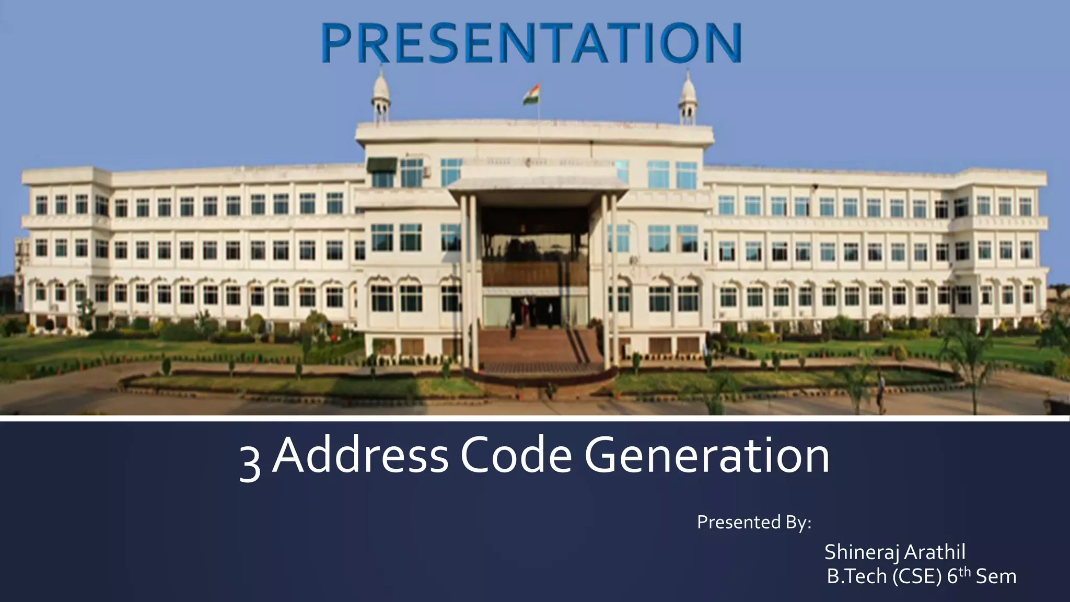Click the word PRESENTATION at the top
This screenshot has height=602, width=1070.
pyautogui.click(x=531, y=43)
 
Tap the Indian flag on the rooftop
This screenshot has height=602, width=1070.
pyautogui.click(x=532, y=96)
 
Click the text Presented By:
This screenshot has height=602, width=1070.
pyautogui.click(x=754, y=522)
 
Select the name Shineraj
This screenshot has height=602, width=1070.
pyautogui.click(x=863, y=552)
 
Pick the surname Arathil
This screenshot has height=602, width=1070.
pyautogui.click(x=936, y=552)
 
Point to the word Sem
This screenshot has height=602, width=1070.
pyautogui.click(x=996, y=576)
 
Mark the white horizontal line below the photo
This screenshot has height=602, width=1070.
pyautogui.click(x=535, y=419)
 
